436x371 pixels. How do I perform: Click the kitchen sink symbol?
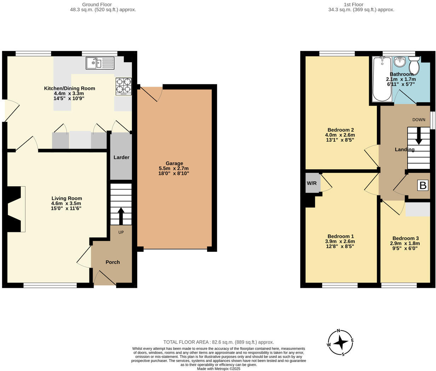[100, 63]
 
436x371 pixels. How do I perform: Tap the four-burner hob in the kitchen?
[124, 86]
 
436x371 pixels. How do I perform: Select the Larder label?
[121, 157]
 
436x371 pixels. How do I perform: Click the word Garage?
[174, 163]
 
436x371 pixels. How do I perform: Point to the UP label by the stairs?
[121, 233]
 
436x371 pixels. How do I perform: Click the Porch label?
[113, 262]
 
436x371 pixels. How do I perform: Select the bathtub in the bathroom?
[382, 79]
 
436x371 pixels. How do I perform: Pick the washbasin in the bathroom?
[400, 62]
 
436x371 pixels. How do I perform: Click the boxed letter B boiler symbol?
[423, 185]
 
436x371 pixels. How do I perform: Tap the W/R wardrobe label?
[311, 183]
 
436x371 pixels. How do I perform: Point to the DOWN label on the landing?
[419, 120]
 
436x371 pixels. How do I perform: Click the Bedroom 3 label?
[405, 238]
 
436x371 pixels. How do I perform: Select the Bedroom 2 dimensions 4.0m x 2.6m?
[340, 135]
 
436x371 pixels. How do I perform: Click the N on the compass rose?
[339, 331]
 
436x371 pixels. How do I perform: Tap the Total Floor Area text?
[218, 342]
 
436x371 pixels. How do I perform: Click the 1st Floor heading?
[353, 5]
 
